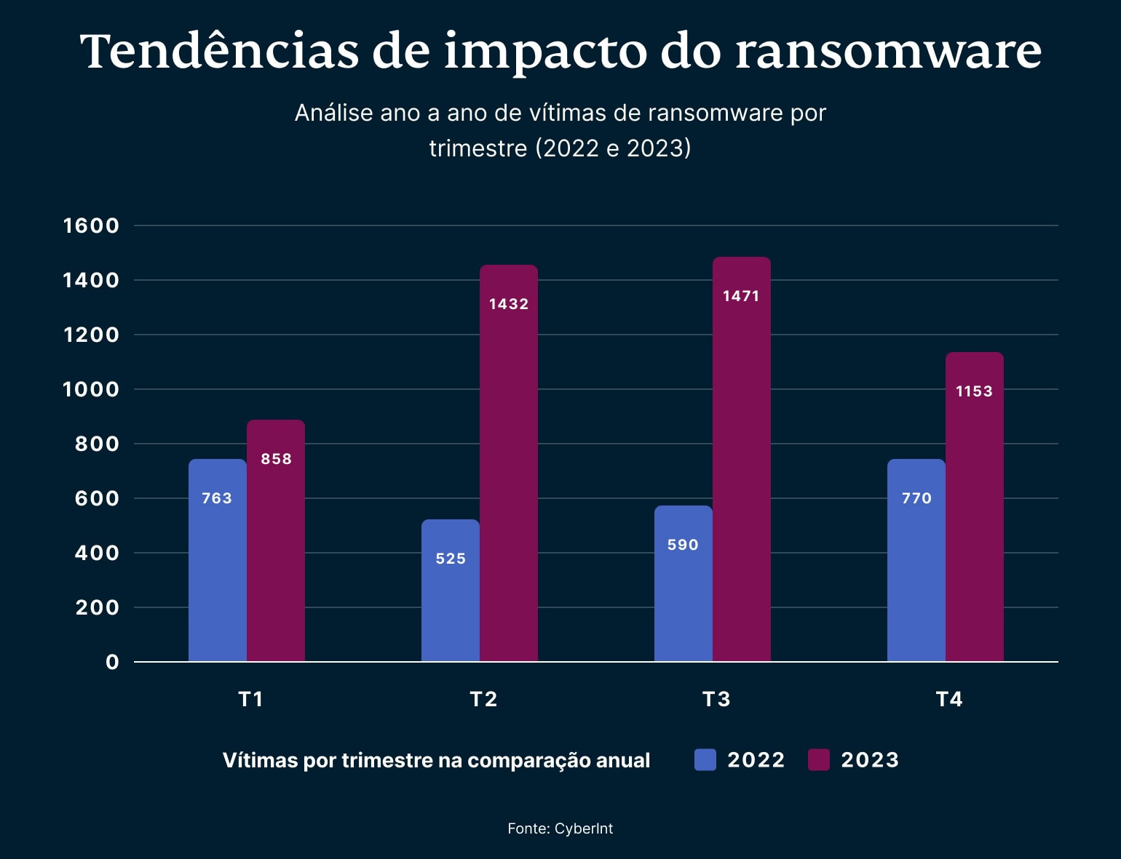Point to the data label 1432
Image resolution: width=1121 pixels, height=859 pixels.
tap(508, 304)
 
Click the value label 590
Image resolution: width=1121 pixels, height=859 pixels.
tap(683, 545)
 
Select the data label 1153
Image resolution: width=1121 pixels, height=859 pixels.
tap(974, 391)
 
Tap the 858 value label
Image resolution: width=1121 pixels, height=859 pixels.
tap(276, 459)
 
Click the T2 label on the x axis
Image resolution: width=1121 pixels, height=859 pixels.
tap(483, 699)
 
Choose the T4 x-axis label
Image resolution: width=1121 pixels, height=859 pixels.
tap(949, 699)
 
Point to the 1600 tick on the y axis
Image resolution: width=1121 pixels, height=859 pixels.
tap(91, 225)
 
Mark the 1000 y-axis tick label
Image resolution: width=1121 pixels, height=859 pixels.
tap(91, 389)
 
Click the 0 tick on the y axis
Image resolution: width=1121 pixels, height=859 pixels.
tap(112, 662)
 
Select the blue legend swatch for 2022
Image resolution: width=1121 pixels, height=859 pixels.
tap(705, 760)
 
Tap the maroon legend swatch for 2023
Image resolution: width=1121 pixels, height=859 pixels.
tap(819, 760)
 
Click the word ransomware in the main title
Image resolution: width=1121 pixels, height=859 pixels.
tap(888, 51)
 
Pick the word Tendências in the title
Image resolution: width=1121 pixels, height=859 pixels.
tap(219, 51)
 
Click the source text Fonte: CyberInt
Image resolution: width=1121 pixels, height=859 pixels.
tap(560, 828)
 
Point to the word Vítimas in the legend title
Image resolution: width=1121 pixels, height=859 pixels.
tap(260, 760)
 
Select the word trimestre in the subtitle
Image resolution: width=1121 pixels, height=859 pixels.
tap(478, 148)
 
